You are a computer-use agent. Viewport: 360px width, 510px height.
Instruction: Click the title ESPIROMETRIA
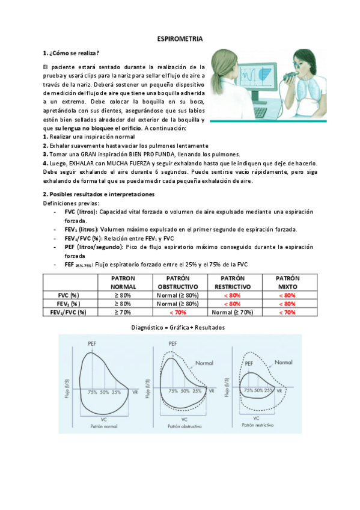pos(180,38)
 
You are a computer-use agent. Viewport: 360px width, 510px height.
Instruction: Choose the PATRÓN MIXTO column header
pos(288,283)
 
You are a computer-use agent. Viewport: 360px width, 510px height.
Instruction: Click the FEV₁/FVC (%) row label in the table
pos(68,312)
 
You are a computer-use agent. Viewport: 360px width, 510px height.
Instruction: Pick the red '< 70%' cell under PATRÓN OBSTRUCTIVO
pos(177,312)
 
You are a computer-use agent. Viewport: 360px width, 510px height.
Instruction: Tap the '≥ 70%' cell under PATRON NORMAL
pos(123,312)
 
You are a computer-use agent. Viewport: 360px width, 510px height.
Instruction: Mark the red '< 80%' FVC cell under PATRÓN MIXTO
pos(288,295)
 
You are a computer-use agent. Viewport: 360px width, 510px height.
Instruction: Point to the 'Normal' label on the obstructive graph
pos(204,363)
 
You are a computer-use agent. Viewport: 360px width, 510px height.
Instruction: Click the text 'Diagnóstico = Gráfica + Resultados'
pos(180,328)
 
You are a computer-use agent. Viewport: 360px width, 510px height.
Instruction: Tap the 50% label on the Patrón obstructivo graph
pos(183,391)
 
